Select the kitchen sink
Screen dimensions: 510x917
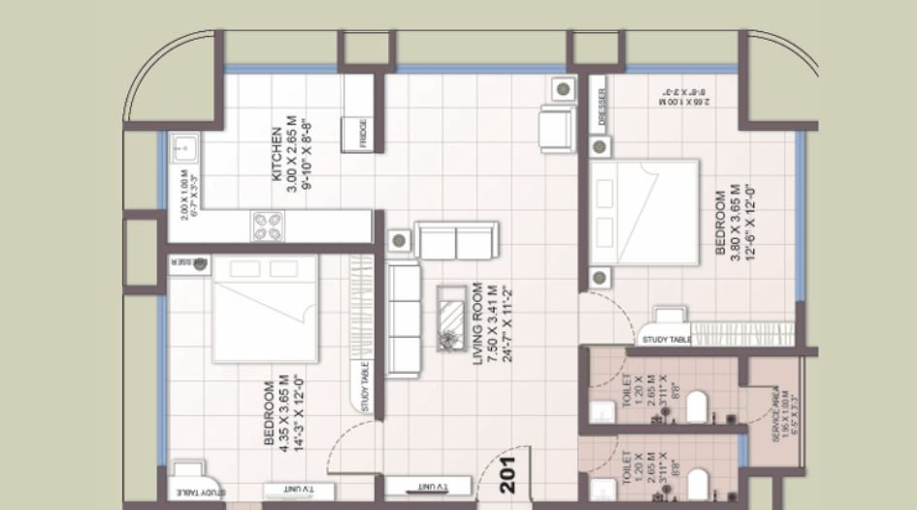pyautogui.click(x=182, y=151)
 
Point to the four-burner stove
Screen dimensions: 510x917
pyautogui.click(x=269, y=226)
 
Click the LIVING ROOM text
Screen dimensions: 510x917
pyautogui.click(x=477, y=323)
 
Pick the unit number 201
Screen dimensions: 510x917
pyautogui.click(x=507, y=474)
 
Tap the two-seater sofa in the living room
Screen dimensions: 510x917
pyautogui.click(x=456, y=240)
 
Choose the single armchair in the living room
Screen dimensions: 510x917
pyautogui.click(x=557, y=128)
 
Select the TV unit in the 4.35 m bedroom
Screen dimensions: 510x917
pyautogui.click(x=286, y=488)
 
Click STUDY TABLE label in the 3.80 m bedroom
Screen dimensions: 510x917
pyautogui.click(x=666, y=340)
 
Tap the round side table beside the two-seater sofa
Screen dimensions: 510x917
pyautogui.click(x=396, y=240)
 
